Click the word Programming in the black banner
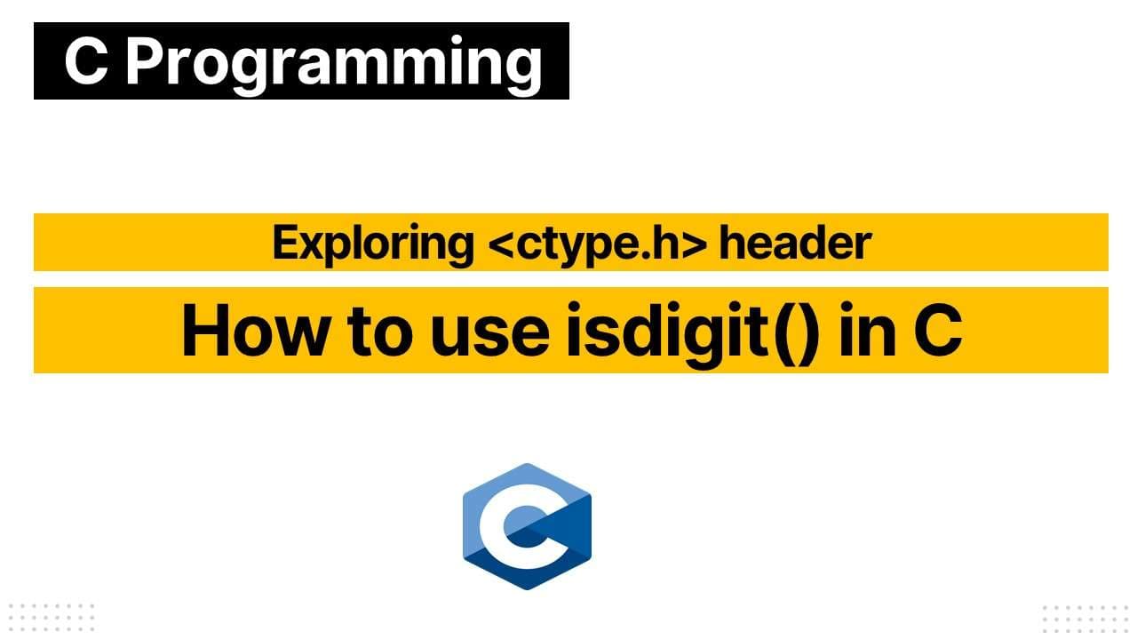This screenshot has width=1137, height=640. pos(334,61)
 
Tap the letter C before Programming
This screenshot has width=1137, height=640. pos(86,61)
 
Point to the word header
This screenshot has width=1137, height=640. pos(794,243)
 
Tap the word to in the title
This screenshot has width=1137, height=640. pos(383,331)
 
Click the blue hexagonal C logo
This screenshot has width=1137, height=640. pos(527,526)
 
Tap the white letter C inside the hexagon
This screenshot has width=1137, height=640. pos(512,527)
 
